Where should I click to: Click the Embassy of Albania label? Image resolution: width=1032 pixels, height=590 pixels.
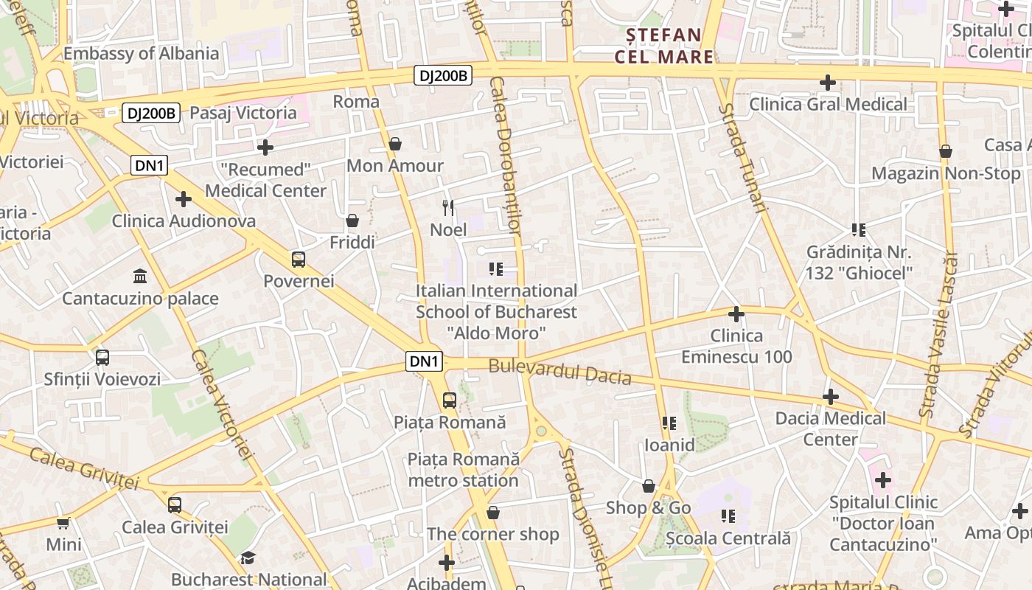(141, 53)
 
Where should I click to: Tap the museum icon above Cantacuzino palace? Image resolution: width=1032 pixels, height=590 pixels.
(140, 277)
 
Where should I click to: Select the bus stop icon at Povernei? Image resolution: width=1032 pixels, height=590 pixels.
(299, 259)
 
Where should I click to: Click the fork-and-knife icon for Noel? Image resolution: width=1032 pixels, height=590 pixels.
(448, 208)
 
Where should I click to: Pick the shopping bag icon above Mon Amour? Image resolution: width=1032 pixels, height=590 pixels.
(395, 144)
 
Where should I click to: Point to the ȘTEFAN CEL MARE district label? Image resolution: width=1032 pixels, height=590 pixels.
(664, 46)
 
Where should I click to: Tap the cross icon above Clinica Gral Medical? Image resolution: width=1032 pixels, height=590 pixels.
(828, 83)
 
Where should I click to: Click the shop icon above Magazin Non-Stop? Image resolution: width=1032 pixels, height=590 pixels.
(946, 152)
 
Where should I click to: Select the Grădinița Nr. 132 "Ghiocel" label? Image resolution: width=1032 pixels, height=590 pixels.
(859, 262)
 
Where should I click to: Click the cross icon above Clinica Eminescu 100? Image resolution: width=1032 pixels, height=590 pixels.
(736, 314)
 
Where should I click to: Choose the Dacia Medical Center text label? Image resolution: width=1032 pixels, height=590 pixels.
(830, 428)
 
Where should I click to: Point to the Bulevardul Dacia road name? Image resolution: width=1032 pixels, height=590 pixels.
(560, 371)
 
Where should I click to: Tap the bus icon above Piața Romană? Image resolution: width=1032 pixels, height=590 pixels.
(449, 400)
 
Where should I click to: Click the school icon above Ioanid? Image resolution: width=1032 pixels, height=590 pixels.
(669, 423)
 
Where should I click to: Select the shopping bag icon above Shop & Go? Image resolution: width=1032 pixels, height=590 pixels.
(649, 486)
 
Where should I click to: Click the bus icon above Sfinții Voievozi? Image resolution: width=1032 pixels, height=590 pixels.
(102, 358)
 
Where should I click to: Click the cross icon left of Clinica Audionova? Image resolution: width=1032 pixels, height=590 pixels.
(184, 199)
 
